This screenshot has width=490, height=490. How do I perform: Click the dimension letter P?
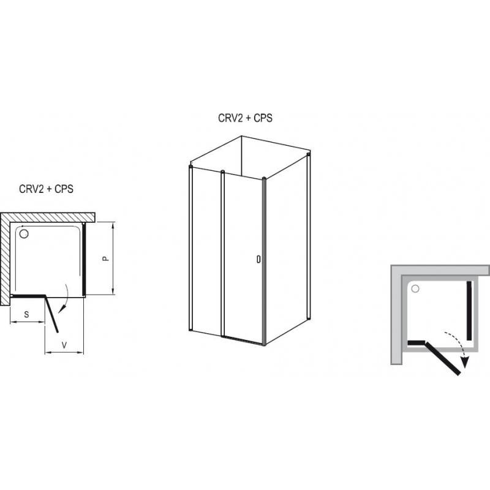pyautogui.click(x=106, y=258)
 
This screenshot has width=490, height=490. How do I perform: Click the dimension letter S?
pyautogui.click(x=26, y=314)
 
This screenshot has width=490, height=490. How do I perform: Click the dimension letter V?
pyautogui.click(x=64, y=345)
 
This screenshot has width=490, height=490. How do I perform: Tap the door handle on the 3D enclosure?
pyautogui.click(x=258, y=259)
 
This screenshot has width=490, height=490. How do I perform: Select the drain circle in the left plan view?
pyautogui.click(x=24, y=234)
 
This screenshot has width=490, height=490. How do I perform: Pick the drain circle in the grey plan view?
pyautogui.click(x=415, y=288)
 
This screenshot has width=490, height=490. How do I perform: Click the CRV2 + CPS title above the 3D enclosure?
pyautogui.click(x=246, y=118)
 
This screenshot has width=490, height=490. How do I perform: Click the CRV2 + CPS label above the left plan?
pyautogui.click(x=47, y=189)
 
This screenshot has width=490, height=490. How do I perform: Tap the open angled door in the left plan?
pyautogui.click(x=52, y=314)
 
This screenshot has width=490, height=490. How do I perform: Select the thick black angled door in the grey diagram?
pyautogui.click(x=442, y=358)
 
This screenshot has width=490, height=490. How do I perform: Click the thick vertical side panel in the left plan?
pyautogui.click(x=84, y=260)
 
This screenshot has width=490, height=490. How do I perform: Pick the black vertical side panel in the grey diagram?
pyautogui.click(x=469, y=311)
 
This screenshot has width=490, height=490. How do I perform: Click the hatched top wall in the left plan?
pyautogui.click(x=48, y=217)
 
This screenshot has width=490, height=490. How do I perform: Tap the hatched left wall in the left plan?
pyautogui.click(x=5, y=259)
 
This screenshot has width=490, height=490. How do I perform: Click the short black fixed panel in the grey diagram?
pyautogui.click(x=417, y=343)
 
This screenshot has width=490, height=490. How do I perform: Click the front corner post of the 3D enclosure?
pyautogui.click(x=264, y=262)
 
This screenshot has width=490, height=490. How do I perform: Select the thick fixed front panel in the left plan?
pyautogui.click(x=28, y=296)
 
